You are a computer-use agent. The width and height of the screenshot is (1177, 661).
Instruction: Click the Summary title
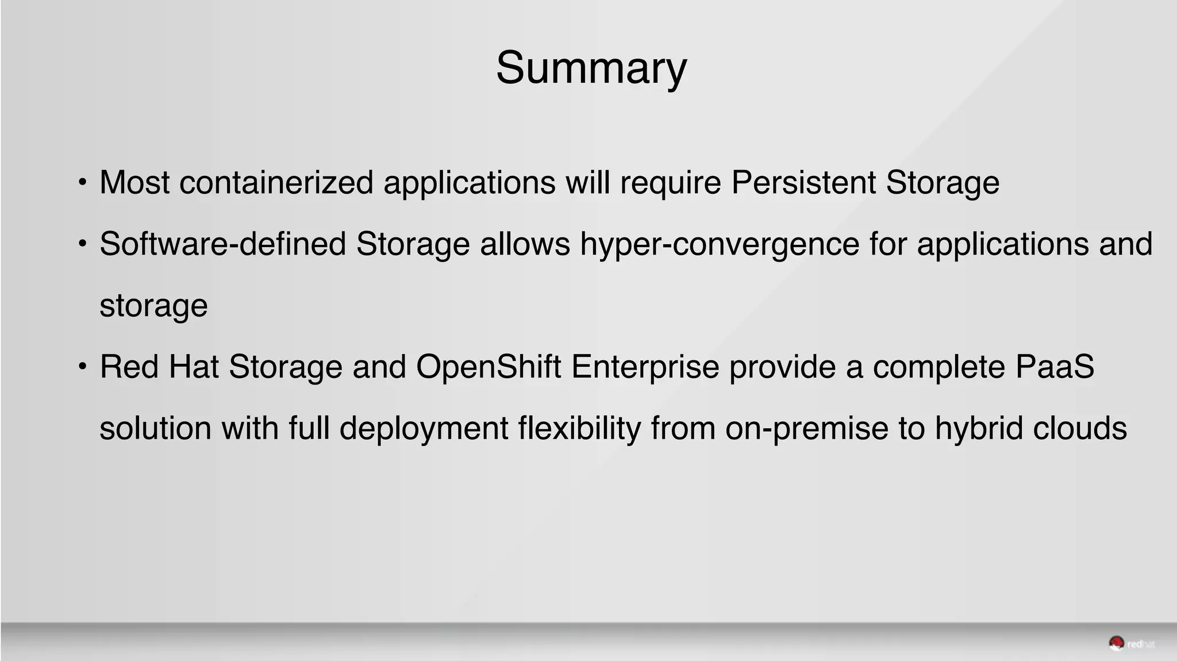(591, 68)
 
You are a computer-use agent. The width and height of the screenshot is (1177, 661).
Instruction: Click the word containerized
(276, 183)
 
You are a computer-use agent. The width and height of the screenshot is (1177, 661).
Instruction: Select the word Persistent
(803, 183)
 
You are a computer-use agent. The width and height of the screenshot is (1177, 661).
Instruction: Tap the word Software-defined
(222, 244)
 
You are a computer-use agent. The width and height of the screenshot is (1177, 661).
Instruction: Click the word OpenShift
(488, 367)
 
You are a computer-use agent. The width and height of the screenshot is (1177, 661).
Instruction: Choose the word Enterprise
(645, 367)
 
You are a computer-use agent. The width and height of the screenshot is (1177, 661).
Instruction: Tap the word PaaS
(1055, 367)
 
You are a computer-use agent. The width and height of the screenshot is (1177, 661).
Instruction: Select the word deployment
(424, 429)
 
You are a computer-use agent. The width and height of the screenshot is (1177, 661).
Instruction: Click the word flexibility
(579, 429)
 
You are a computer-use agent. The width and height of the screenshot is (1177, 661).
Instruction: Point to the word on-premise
(807, 429)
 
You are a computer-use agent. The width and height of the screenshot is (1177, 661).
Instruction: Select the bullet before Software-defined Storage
(83, 244)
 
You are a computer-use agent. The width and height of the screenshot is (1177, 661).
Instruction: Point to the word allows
(525, 244)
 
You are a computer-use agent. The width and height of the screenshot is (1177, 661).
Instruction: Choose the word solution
(156, 429)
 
